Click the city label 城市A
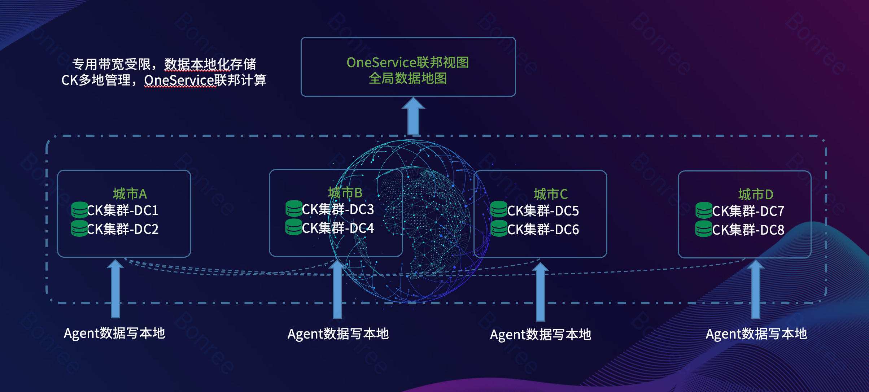130,194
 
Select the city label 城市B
345,193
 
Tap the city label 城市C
550,194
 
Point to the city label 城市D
755,195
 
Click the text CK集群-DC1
123,210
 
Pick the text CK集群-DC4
338,228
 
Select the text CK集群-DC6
543,230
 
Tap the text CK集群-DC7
748,211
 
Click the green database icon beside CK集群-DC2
79,228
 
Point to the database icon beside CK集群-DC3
294,209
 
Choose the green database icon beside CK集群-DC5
499,209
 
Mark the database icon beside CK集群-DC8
704,229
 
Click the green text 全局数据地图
407,78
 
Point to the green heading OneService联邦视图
407,62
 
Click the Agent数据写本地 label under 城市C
540,335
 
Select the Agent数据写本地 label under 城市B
338,334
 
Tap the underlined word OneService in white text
179,80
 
